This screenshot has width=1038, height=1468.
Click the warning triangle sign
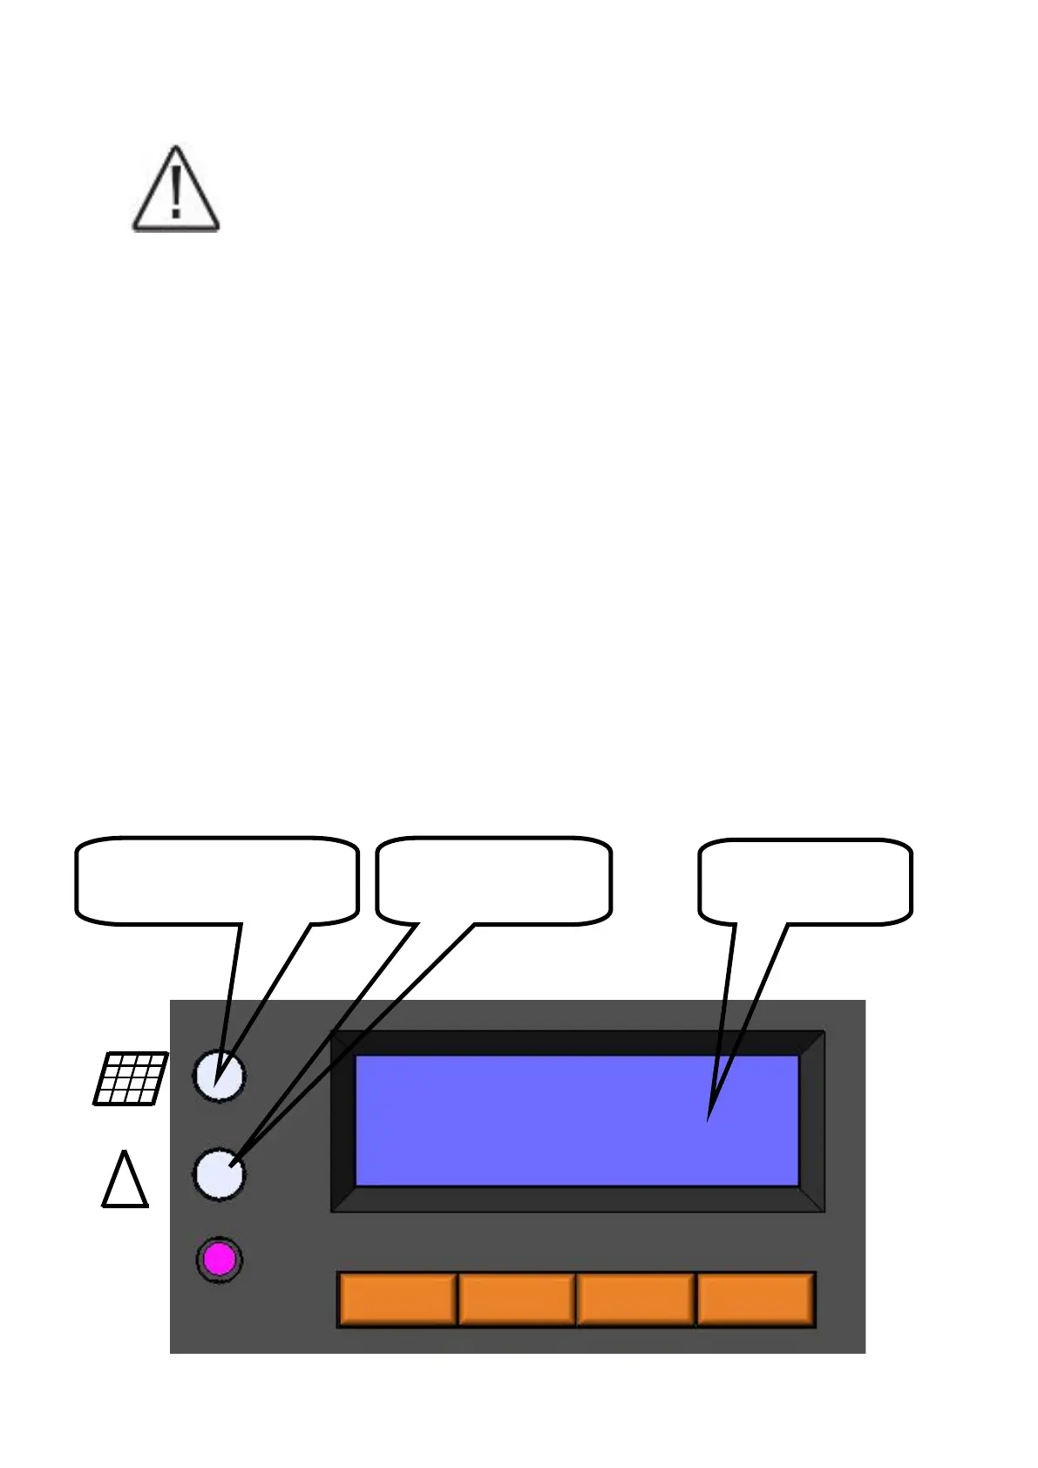(x=175, y=190)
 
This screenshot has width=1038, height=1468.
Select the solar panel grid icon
(x=131, y=1078)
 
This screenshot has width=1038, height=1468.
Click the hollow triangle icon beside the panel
(x=126, y=1181)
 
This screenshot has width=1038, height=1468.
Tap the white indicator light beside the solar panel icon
(x=219, y=1076)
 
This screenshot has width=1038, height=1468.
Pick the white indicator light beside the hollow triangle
(x=219, y=1173)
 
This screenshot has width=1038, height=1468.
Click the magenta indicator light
(x=219, y=1260)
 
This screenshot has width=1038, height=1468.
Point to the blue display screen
(x=577, y=1120)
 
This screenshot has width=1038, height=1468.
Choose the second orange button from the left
(x=516, y=1299)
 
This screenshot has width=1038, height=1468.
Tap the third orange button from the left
(x=635, y=1299)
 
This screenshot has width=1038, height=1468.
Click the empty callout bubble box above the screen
(x=805, y=880)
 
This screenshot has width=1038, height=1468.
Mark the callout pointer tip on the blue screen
(x=709, y=1118)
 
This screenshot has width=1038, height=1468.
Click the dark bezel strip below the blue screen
(x=577, y=1200)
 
